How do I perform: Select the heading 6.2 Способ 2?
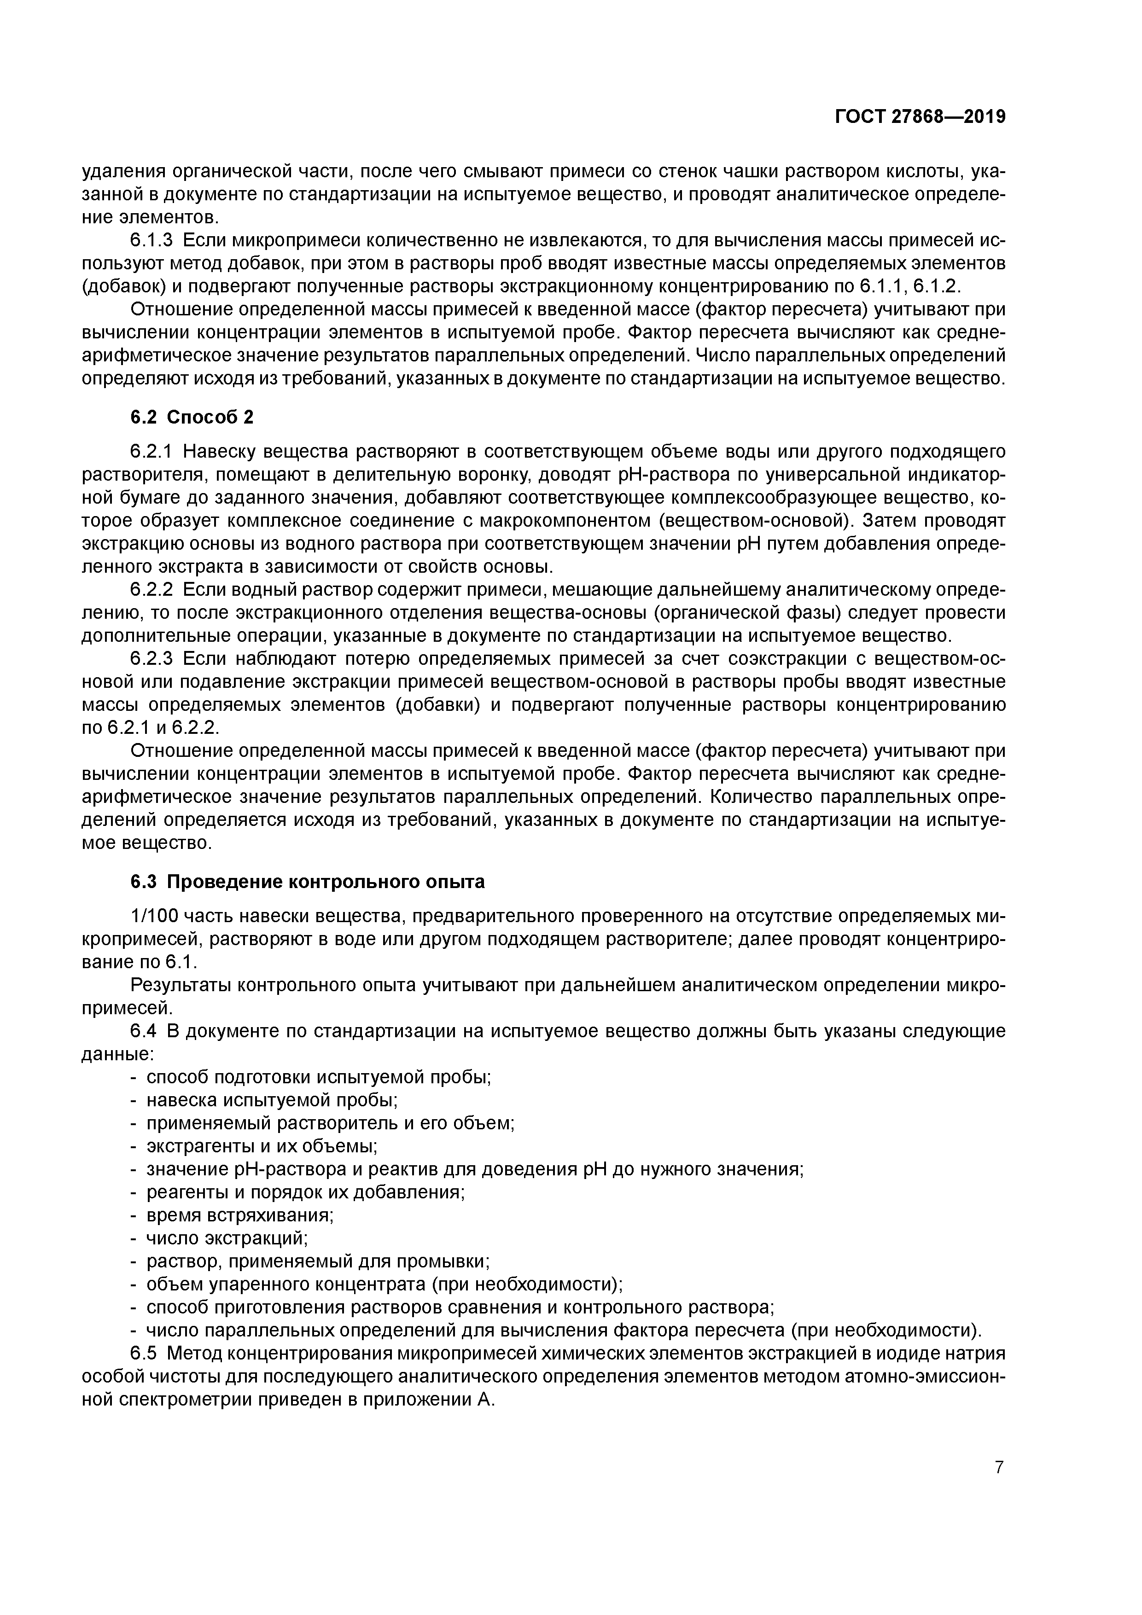pyautogui.click(x=192, y=417)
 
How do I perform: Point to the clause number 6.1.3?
pyautogui.click(x=151, y=241)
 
